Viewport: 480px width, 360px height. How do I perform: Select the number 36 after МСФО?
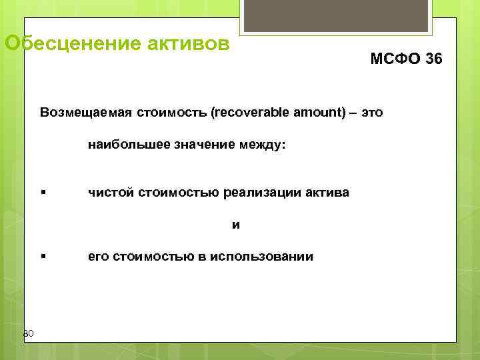coord(432,59)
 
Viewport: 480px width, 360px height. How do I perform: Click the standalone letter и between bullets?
coord(236,225)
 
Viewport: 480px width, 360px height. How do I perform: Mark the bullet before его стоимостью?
coord(43,257)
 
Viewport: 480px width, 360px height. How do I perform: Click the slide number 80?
coord(28,333)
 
